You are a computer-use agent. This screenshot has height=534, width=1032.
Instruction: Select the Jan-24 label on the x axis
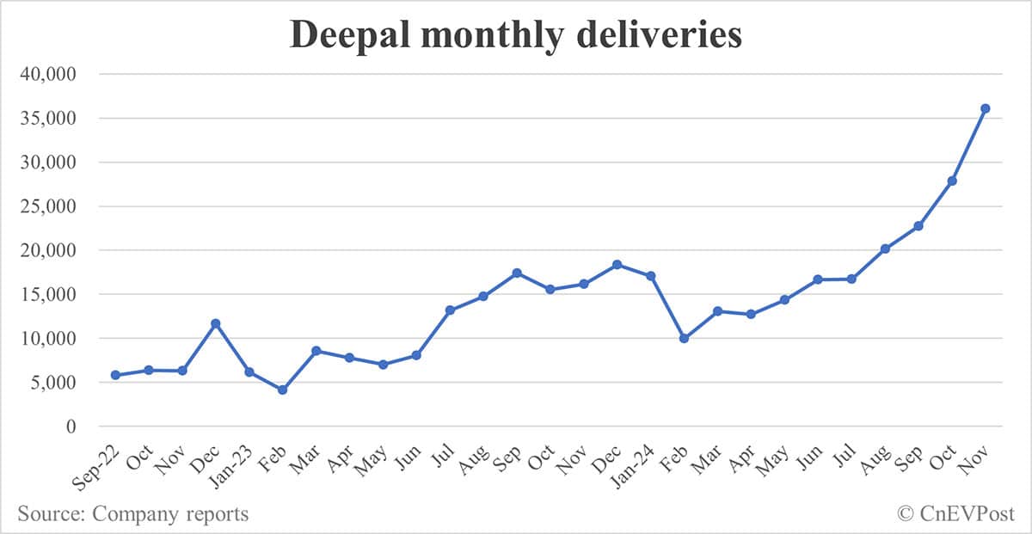click(637, 460)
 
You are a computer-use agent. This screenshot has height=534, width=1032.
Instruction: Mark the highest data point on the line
click(986, 108)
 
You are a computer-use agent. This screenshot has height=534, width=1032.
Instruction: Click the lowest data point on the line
click(282, 390)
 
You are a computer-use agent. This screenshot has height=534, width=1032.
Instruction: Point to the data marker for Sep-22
click(115, 375)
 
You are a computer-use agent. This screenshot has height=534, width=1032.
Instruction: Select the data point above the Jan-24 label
click(651, 276)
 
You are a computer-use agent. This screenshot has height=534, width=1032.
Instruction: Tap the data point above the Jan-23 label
click(249, 371)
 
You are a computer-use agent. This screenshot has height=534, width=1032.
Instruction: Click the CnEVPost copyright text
click(955, 514)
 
